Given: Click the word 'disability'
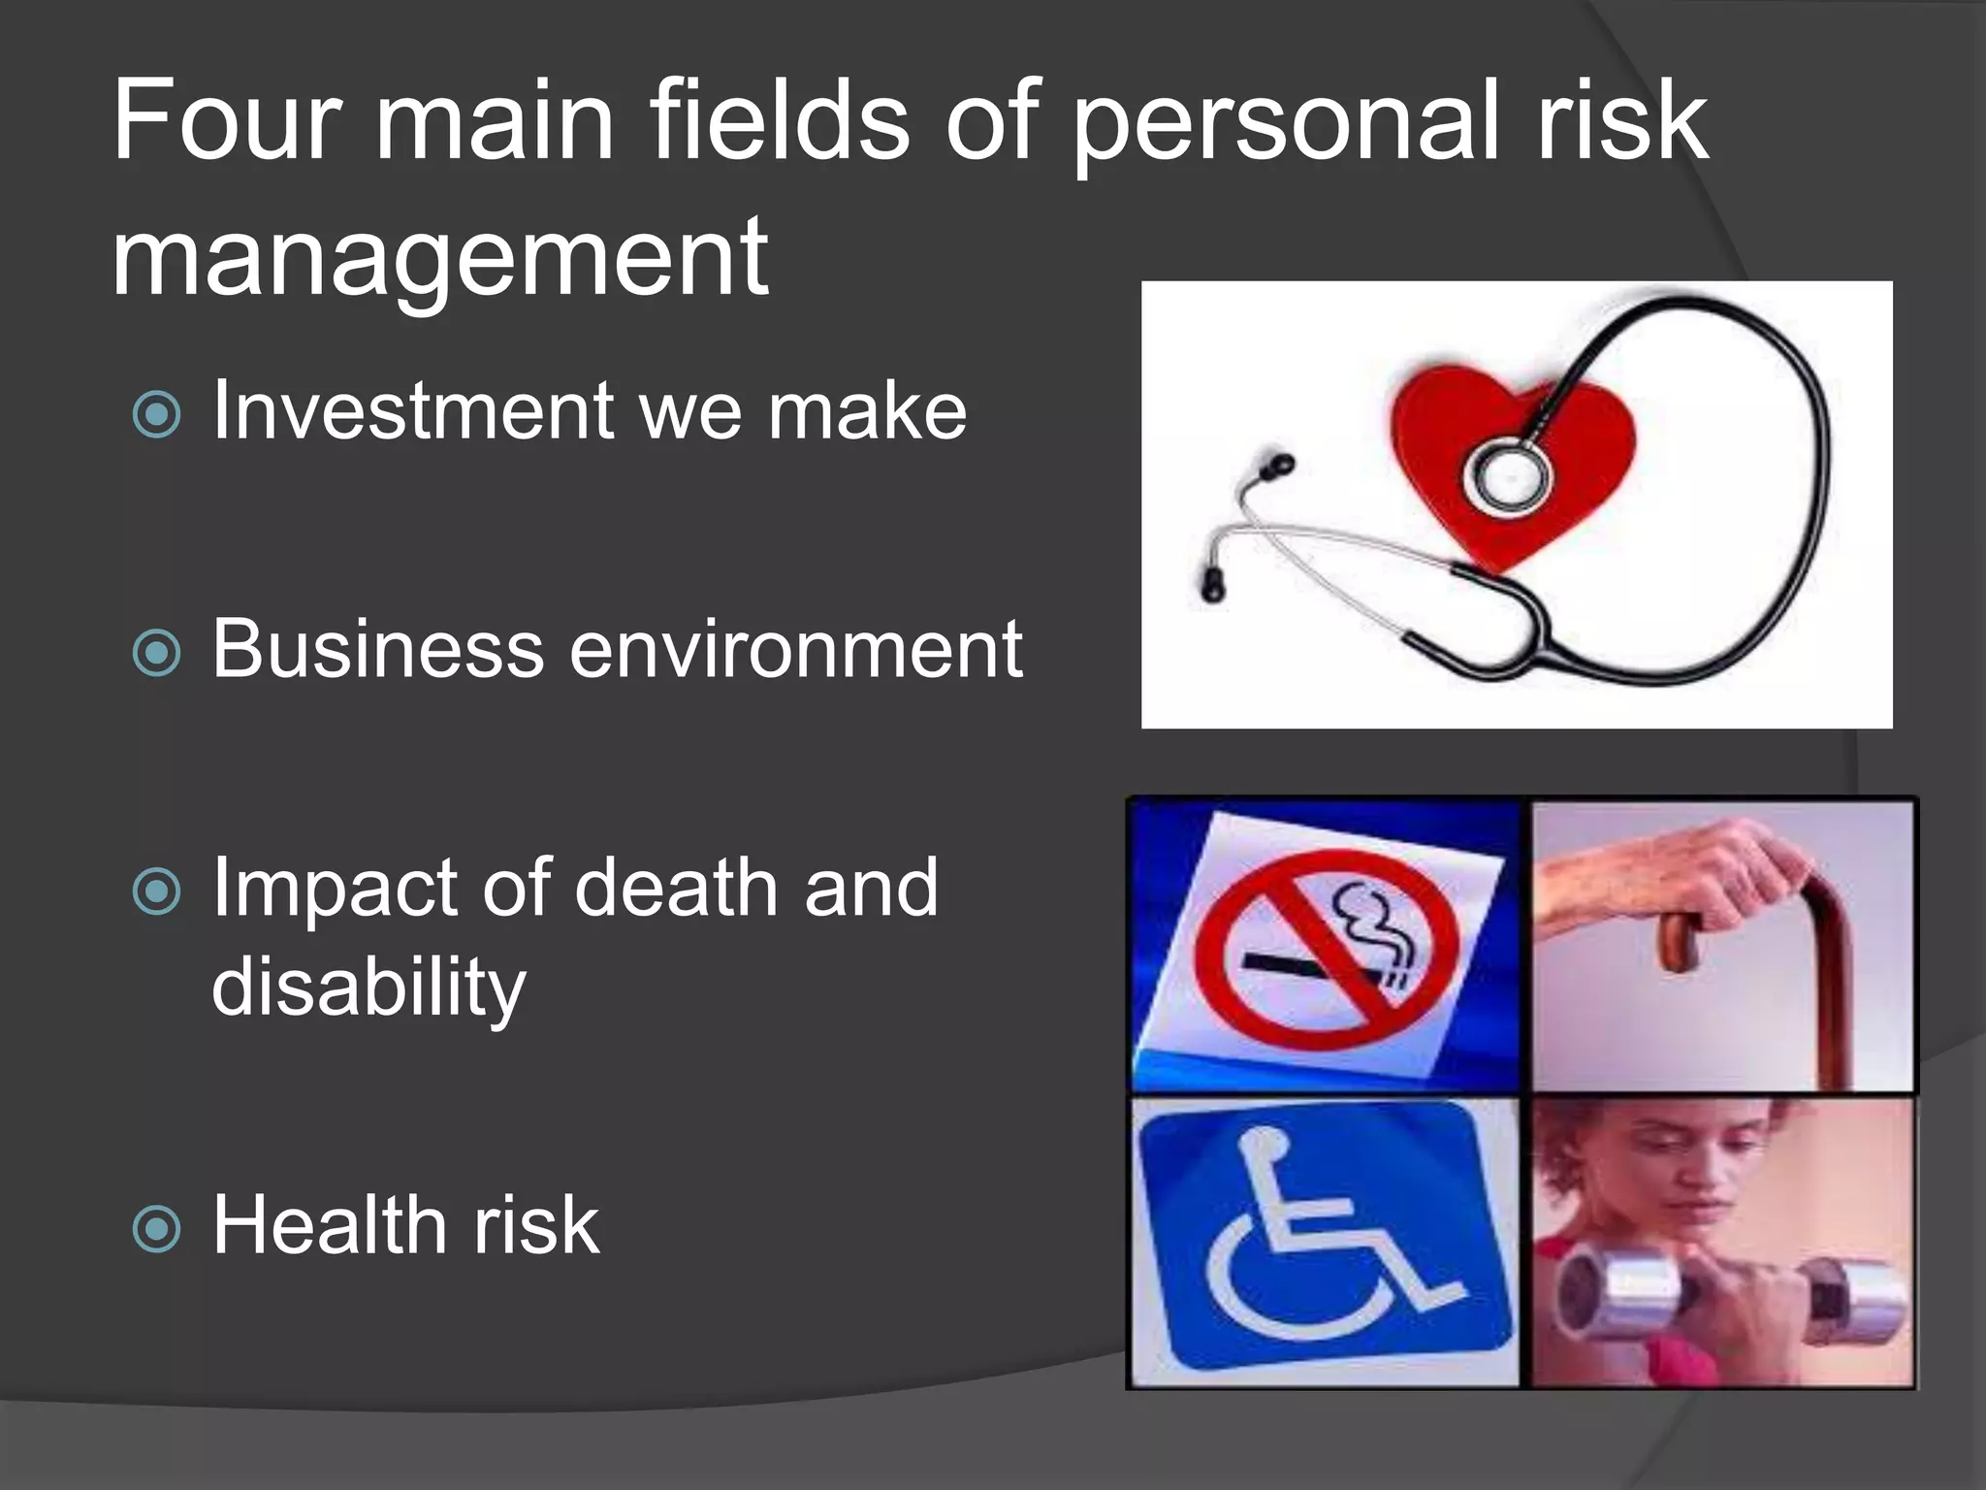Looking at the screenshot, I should (368, 988).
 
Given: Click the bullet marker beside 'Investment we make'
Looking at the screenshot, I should (157, 414).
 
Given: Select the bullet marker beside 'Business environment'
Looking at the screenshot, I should (157, 652).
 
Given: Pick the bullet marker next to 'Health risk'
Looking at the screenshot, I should (157, 1229).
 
